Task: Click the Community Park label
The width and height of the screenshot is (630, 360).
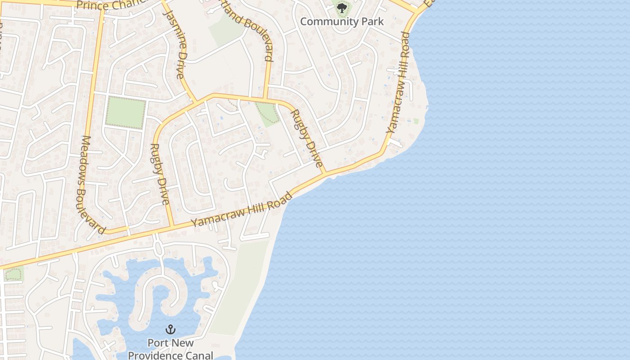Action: point(342,21)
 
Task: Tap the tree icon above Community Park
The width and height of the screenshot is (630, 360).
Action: point(342,8)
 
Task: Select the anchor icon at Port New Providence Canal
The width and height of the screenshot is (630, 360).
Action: point(171,329)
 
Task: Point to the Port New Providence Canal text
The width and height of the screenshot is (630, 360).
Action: point(171,349)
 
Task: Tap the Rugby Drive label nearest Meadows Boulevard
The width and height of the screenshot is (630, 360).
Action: point(161,174)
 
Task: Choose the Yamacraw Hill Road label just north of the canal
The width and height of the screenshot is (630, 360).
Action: point(242,210)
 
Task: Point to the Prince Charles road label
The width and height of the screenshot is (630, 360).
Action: point(112,4)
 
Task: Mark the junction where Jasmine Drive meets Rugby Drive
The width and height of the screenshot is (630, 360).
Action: point(195,101)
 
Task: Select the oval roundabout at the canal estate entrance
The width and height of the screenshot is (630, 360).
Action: point(157,248)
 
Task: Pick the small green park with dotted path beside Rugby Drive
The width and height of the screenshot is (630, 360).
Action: point(267,113)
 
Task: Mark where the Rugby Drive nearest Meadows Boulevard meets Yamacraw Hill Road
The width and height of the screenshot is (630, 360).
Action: point(171,226)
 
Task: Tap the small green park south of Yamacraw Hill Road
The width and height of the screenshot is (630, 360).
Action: point(13,274)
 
